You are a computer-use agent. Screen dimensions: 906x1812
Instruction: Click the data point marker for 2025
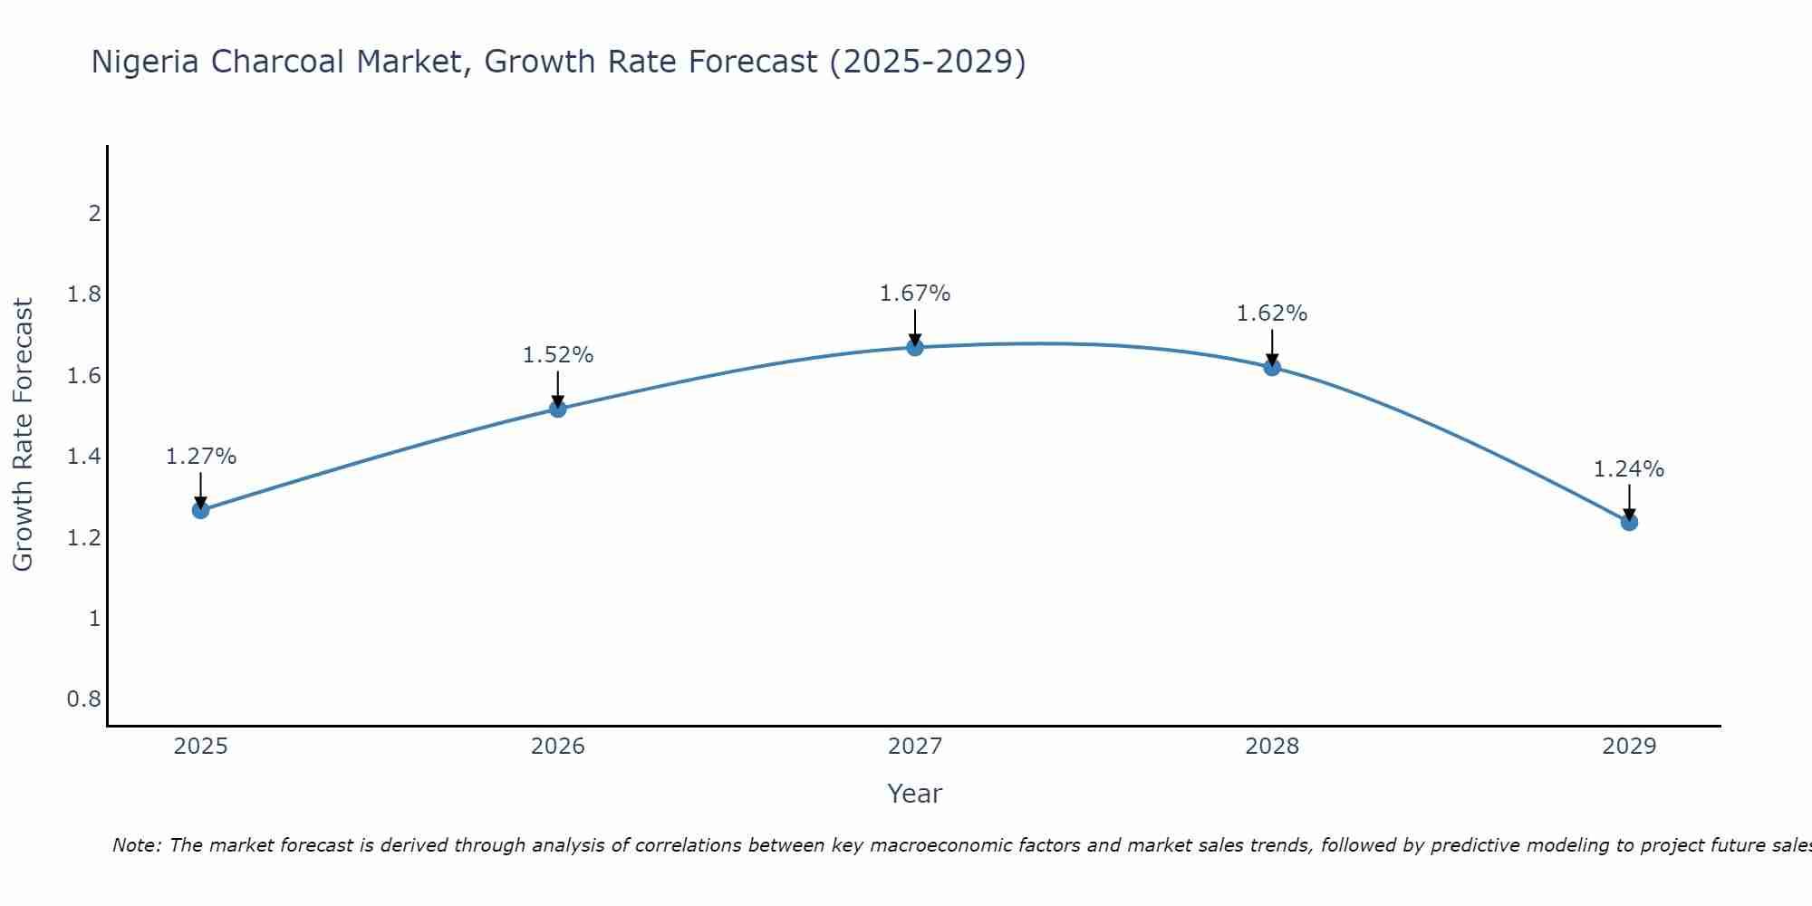point(201,510)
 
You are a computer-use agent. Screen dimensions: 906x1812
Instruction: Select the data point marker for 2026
point(558,409)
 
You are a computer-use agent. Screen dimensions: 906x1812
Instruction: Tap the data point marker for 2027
point(915,347)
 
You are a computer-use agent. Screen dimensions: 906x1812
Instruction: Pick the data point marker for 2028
point(1272,367)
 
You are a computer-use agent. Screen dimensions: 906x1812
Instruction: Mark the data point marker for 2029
point(1629,522)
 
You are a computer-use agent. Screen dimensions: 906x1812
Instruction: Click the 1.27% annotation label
point(201,457)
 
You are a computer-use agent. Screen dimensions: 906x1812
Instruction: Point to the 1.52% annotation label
point(558,355)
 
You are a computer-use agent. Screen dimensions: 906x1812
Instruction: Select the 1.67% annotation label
point(915,294)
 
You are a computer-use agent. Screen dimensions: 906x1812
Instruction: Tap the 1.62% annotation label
point(1272,313)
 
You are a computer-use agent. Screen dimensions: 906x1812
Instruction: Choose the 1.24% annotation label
point(1629,469)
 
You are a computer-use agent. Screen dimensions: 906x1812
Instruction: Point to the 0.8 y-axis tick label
point(83,699)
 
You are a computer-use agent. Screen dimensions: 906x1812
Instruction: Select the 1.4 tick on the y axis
point(83,457)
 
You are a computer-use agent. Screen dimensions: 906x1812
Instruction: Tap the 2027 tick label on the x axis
point(915,747)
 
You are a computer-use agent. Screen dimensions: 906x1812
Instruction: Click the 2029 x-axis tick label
point(1629,747)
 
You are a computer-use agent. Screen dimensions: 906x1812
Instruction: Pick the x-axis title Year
point(915,794)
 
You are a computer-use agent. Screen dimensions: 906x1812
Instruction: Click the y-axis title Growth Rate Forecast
point(24,435)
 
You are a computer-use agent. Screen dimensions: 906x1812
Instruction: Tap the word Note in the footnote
point(136,845)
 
